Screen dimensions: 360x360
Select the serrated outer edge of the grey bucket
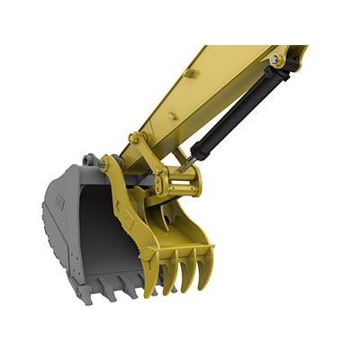[x=45, y=234]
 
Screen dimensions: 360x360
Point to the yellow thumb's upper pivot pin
[x=135, y=139]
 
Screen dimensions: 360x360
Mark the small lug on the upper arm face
[x=190, y=72]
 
